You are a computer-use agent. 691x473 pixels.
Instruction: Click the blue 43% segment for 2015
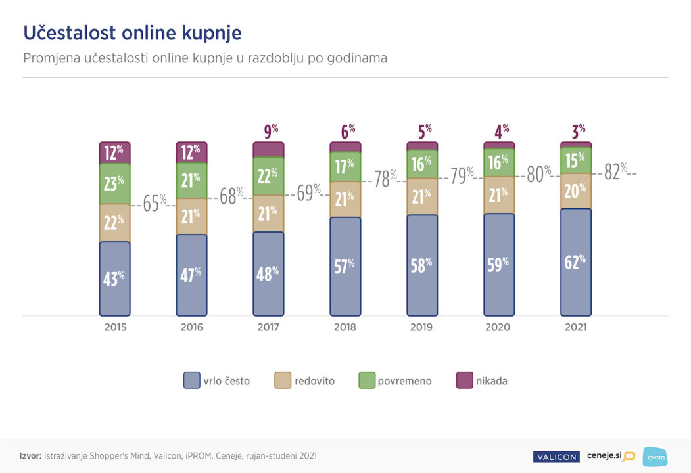(115, 279)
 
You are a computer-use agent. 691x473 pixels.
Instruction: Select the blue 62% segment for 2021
(576, 262)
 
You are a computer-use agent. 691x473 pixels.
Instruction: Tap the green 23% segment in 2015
(115, 183)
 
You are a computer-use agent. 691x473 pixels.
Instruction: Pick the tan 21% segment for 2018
(345, 198)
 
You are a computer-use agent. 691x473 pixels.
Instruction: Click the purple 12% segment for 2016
(191, 152)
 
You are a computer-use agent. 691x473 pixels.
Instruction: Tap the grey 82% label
(615, 171)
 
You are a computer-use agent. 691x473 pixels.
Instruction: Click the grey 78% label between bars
(385, 178)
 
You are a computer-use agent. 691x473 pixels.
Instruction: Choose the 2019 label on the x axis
(422, 327)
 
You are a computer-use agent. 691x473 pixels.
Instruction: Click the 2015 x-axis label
(115, 327)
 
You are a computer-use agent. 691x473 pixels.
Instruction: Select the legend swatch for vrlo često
(191, 380)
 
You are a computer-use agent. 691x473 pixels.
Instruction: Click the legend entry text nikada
(491, 381)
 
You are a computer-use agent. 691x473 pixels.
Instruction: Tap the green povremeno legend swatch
(367, 380)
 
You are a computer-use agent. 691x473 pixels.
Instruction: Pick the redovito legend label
(314, 381)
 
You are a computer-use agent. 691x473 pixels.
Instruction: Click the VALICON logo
(556, 457)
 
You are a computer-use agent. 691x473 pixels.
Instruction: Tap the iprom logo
(654, 457)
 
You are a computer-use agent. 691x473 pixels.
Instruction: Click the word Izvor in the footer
(30, 455)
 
